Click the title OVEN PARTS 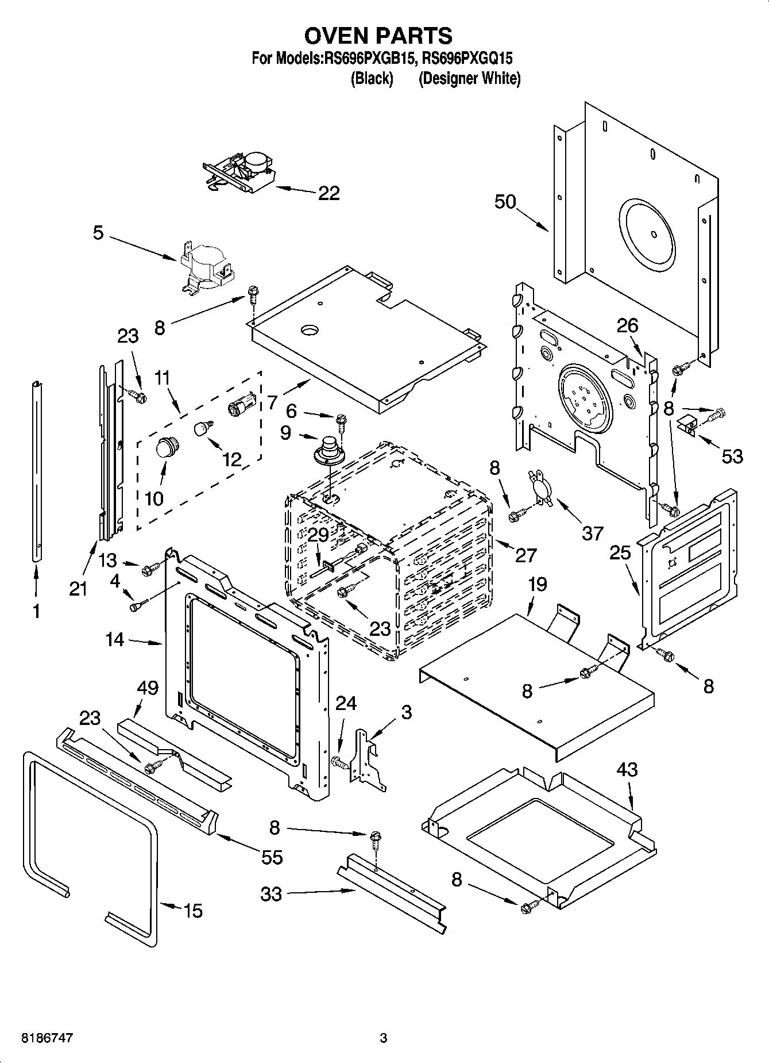pos(378,36)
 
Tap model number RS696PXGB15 pos(370,58)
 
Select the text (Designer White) pos(469,79)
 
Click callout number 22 pos(329,193)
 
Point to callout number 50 pos(505,202)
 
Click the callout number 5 pos(98,233)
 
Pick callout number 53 pos(732,456)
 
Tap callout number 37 pos(593,533)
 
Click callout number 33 pos(271,895)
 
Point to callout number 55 pos(272,857)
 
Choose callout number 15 pos(193,911)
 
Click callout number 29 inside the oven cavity pos(318,535)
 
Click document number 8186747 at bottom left pos(47,1038)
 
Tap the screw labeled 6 pos(341,423)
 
